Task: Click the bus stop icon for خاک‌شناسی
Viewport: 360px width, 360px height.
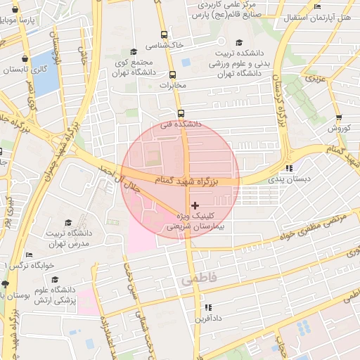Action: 164,34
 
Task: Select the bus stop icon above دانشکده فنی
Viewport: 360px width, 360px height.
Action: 181,113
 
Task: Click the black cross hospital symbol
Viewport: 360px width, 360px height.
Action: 195,205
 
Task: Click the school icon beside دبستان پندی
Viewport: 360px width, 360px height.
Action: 289,168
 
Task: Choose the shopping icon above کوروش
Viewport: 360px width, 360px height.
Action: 339,117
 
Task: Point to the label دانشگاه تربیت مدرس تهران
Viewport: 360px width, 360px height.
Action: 68,238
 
